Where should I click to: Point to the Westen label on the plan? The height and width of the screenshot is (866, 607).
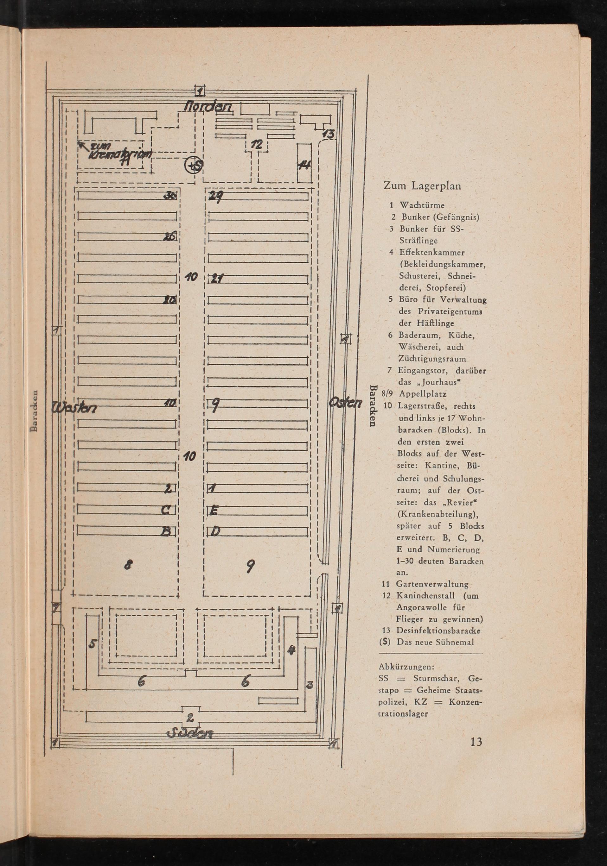[75, 407]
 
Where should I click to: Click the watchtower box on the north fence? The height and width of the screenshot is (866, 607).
[200, 91]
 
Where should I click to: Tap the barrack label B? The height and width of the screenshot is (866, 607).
[166, 532]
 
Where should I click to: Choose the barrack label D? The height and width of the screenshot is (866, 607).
[214, 532]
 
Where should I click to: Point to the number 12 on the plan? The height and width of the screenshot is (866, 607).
[257, 144]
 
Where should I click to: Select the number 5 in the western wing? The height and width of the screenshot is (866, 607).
[93, 644]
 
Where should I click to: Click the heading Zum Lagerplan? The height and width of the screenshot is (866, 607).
[422, 185]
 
